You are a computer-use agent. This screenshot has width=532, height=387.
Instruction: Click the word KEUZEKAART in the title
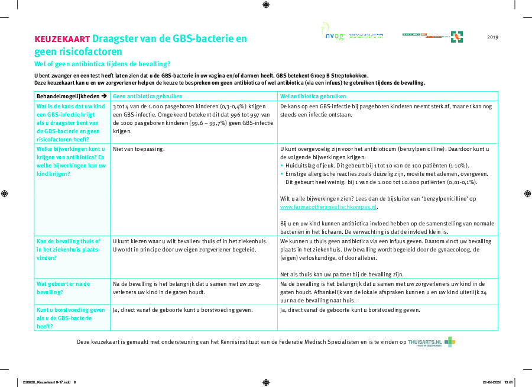point(62,39)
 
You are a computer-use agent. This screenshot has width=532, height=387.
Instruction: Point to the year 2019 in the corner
point(492,37)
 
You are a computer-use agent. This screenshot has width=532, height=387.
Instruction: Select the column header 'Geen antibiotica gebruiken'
point(147,96)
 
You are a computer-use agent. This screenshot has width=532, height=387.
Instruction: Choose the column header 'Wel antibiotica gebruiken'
point(313,96)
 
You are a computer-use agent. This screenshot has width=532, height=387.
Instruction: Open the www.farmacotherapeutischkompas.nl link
point(328,208)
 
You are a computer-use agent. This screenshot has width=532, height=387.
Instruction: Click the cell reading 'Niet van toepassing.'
point(139,149)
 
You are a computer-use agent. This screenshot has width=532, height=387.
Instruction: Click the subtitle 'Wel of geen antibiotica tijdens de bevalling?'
point(102,63)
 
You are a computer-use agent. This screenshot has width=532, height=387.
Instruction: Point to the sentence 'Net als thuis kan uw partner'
point(341,274)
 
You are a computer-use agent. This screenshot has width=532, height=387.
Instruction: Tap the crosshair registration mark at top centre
point(266,5)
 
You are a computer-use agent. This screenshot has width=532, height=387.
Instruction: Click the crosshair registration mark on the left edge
point(5,193)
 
